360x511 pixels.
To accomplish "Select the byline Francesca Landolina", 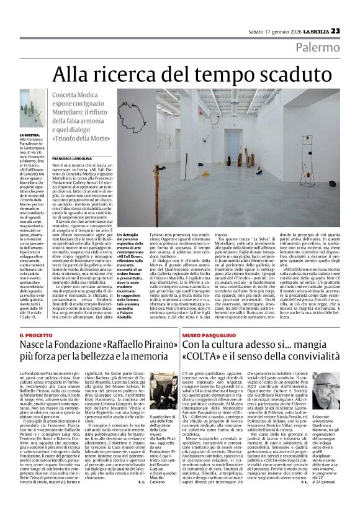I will (76, 160).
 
